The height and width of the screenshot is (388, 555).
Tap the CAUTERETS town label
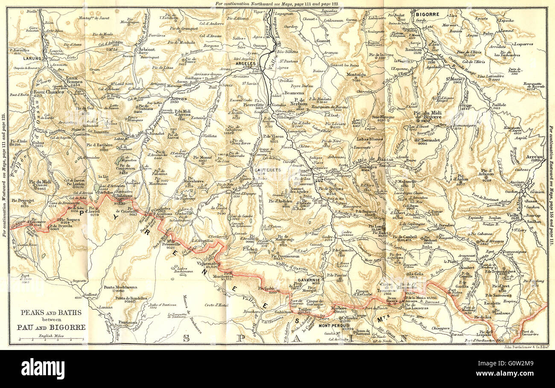coord(268,169)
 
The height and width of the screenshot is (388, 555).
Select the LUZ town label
coord(319,181)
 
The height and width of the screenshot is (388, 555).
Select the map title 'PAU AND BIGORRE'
coord(51,327)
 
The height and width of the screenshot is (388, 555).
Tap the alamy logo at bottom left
coord(43,369)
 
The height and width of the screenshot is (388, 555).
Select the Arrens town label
coord(178,98)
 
